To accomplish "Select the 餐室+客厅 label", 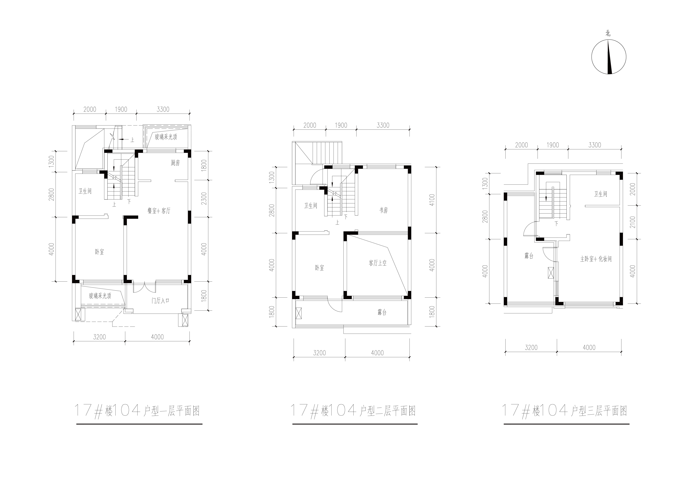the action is pyautogui.click(x=159, y=211).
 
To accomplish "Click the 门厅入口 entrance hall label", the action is pyautogui.click(x=160, y=301).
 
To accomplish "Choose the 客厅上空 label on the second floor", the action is pyautogui.click(x=378, y=263).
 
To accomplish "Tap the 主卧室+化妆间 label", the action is pyautogui.click(x=596, y=259).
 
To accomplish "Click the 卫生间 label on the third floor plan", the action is pyautogui.click(x=601, y=194).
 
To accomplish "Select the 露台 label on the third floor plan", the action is pyautogui.click(x=529, y=256).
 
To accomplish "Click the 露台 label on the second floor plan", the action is pyautogui.click(x=382, y=312).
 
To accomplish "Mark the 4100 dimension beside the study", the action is pyautogui.click(x=432, y=200).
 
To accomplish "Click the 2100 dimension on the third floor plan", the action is pyautogui.click(x=633, y=222).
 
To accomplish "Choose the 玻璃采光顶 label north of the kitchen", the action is pyautogui.click(x=166, y=137).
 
